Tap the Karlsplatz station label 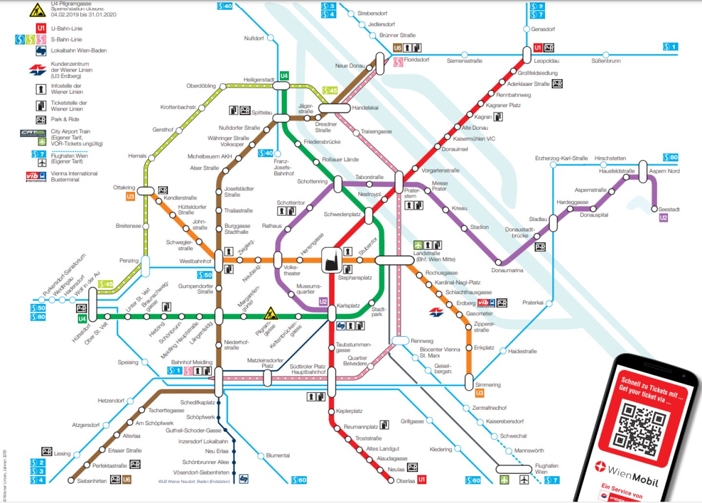coord(348,305)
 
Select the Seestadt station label coord(668,209)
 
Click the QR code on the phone coord(639,426)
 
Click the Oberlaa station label coord(405,481)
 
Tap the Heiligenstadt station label coord(259,80)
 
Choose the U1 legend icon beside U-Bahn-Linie coord(41,28)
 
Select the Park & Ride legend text coord(65,119)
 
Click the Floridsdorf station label coord(416,60)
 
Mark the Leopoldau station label coord(546,61)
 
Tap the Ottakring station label coord(124,187)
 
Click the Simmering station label coord(487,384)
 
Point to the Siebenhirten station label coord(92,481)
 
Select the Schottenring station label coord(312,181)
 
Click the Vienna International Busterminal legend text coord(74,176)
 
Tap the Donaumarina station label coord(507,270)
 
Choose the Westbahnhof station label coord(195,261)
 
